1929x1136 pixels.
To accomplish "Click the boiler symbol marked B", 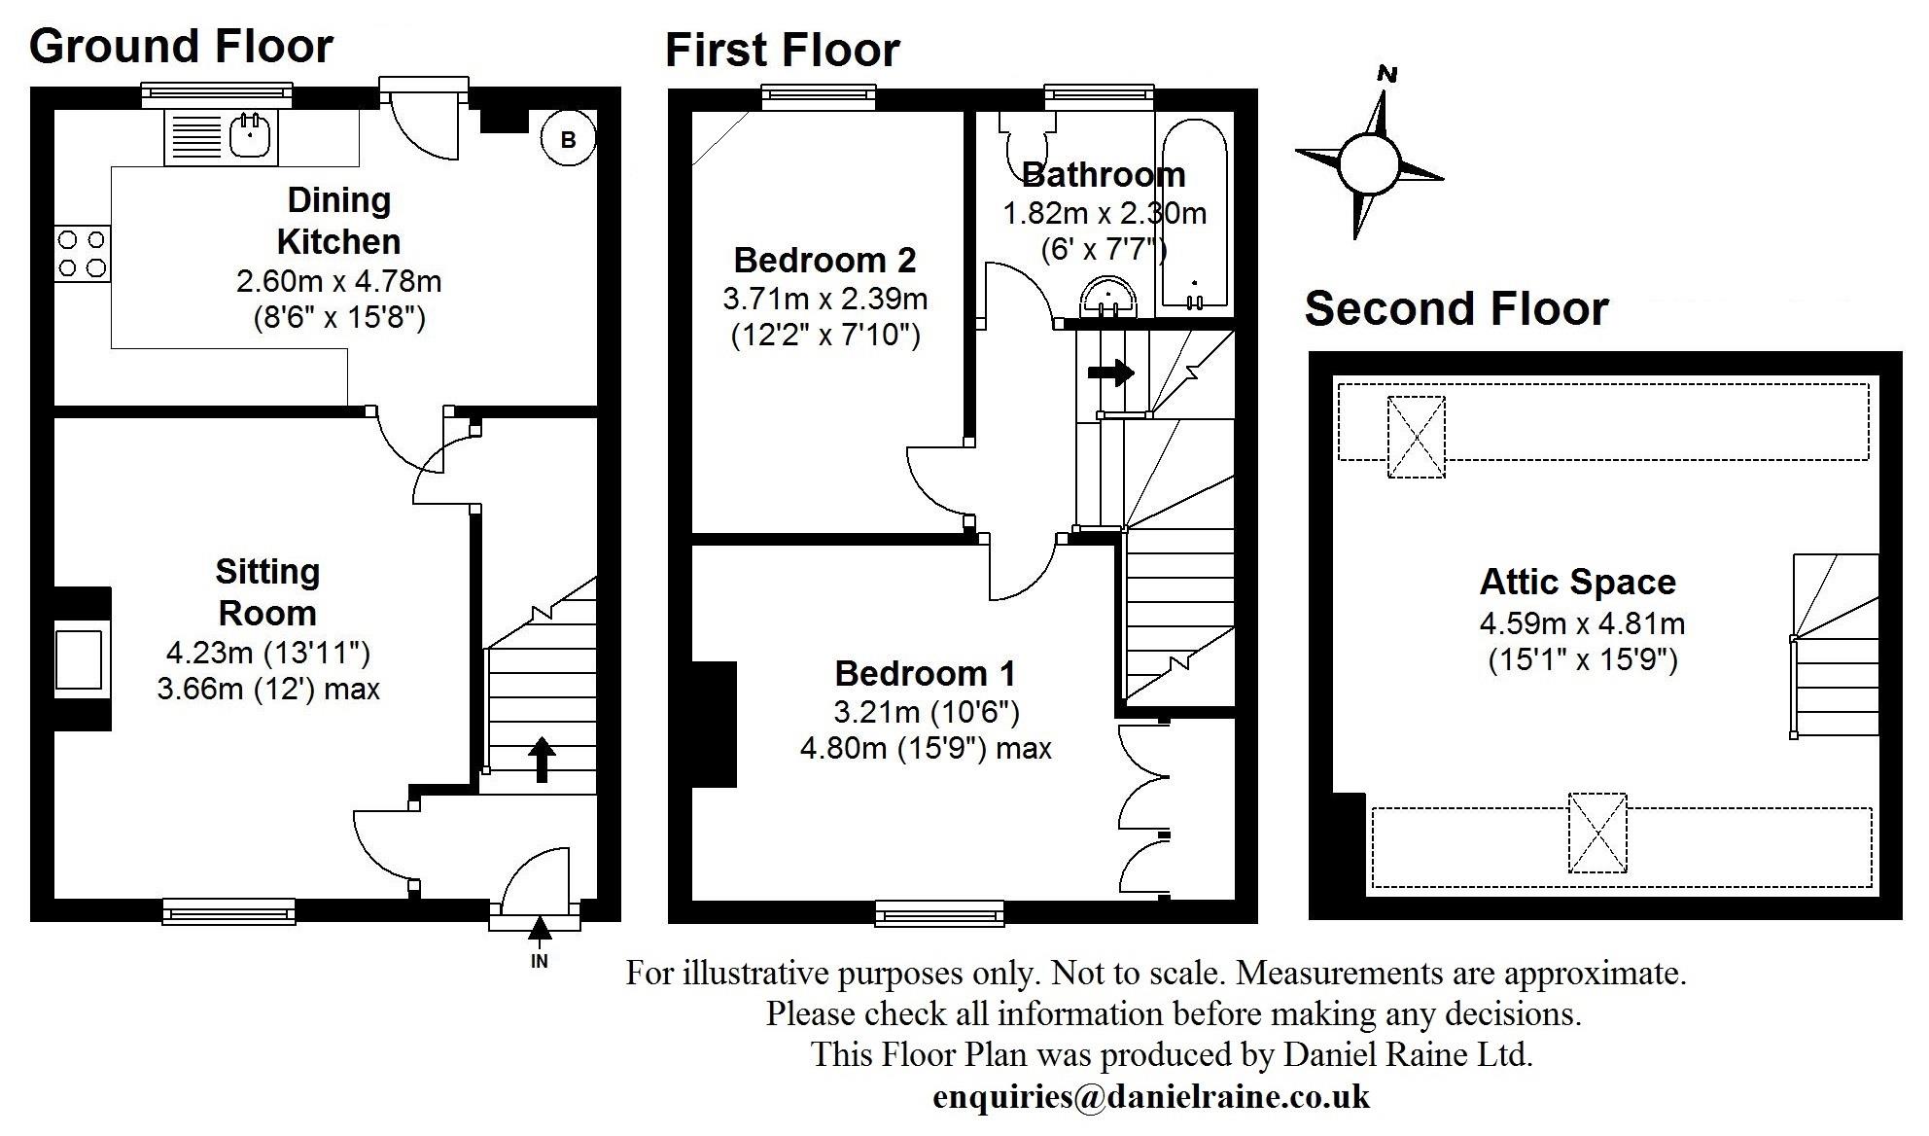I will (x=568, y=140).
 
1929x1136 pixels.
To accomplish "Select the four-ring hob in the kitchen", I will (x=82, y=253).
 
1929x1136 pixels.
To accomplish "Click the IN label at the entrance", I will (x=540, y=962).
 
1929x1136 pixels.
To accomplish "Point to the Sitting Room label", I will (x=267, y=592).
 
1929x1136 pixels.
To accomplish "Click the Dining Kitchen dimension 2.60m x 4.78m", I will (x=338, y=282).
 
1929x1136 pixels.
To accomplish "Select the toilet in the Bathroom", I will (x=1027, y=146).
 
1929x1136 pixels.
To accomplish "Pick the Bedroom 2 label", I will (x=824, y=261).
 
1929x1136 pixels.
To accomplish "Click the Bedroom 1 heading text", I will (x=925, y=674).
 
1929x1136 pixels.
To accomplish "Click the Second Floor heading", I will (x=1456, y=309).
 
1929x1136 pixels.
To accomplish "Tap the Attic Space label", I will (x=1577, y=583).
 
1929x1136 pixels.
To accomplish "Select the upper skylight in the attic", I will (x=1416, y=437).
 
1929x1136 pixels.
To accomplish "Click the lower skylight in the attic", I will (x=1596, y=834).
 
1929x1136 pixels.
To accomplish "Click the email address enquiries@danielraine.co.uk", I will (x=1151, y=1097).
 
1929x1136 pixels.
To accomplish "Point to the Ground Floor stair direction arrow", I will (x=542, y=760).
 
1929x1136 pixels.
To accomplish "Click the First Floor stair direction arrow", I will (x=1111, y=373).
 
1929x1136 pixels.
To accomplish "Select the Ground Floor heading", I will (x=182, y=47).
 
